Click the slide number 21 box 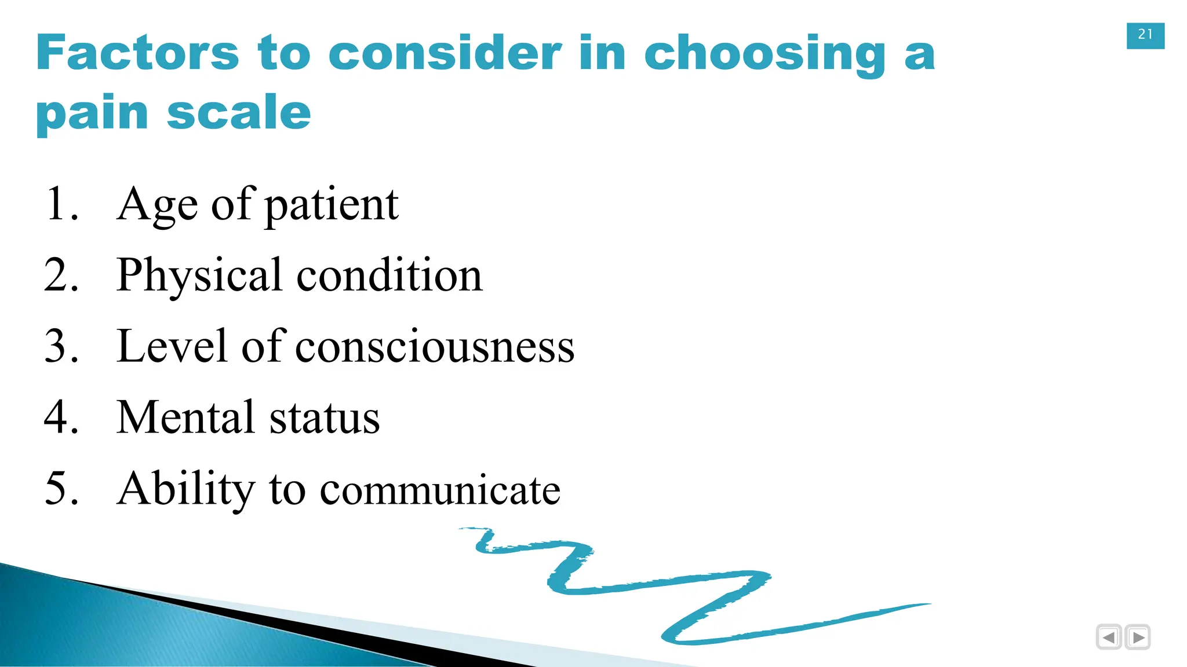click(x=1145, y=35)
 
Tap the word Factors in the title click(x=137, y=53)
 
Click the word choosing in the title click(x=765, y=54)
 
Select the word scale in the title click(x=239, y=112)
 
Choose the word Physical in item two click(x=199, y=276)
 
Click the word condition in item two click(x=389, y=275)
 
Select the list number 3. click(x=60, y=346)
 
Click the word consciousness click(x=435, y=347)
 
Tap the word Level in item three click(x=171, y=346)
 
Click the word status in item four click(x=324, y=417)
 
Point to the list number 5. click(x=60, y=489)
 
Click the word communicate click(x=440, y=490)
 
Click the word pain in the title click(x=93, y=113)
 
